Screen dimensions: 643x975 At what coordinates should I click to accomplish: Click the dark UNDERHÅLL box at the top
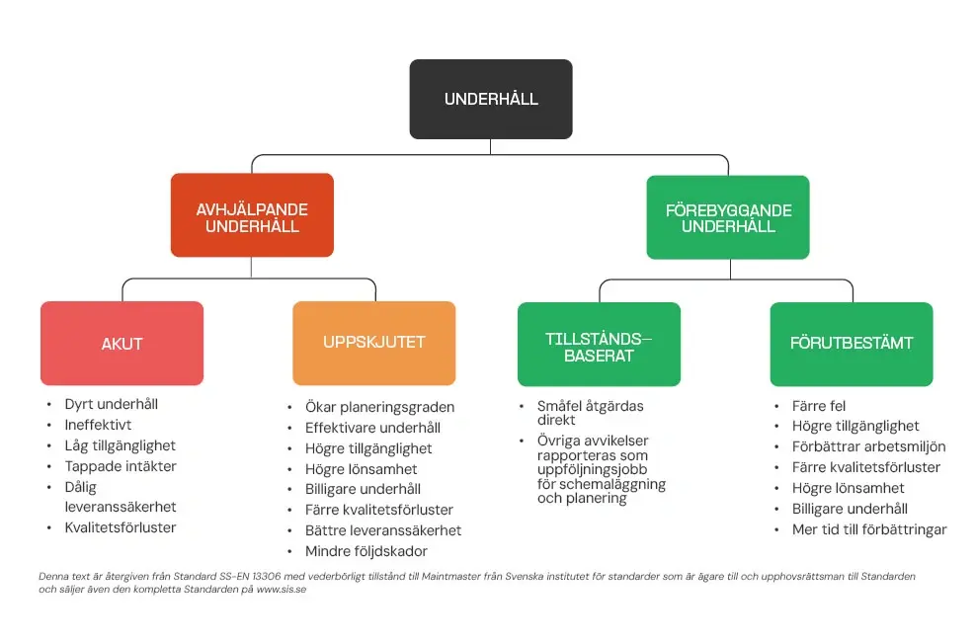click(491, 99)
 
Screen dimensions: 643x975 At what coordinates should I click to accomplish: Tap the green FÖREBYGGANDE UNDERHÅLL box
click(728, 217)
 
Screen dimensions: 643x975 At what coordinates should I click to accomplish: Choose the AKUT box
click(122, 344)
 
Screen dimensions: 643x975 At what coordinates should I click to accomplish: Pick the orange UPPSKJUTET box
click(374, 343)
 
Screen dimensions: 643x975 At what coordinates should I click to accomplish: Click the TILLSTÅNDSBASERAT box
click(599, 344)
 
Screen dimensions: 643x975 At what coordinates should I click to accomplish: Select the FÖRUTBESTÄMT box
click(852, 344)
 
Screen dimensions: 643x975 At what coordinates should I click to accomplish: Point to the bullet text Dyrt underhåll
click(111, 404)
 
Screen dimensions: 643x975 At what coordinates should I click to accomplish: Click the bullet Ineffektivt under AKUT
click(98, 425)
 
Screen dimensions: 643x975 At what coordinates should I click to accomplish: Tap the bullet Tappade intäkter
click(121, 466)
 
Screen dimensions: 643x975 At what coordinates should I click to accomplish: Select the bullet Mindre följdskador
click(366, 551)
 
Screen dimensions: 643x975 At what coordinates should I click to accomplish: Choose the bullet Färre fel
click(819, 406)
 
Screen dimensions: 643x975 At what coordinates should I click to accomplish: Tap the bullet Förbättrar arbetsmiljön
click(868, 446)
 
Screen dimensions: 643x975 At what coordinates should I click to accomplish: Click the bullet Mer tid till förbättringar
click(869, 529)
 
